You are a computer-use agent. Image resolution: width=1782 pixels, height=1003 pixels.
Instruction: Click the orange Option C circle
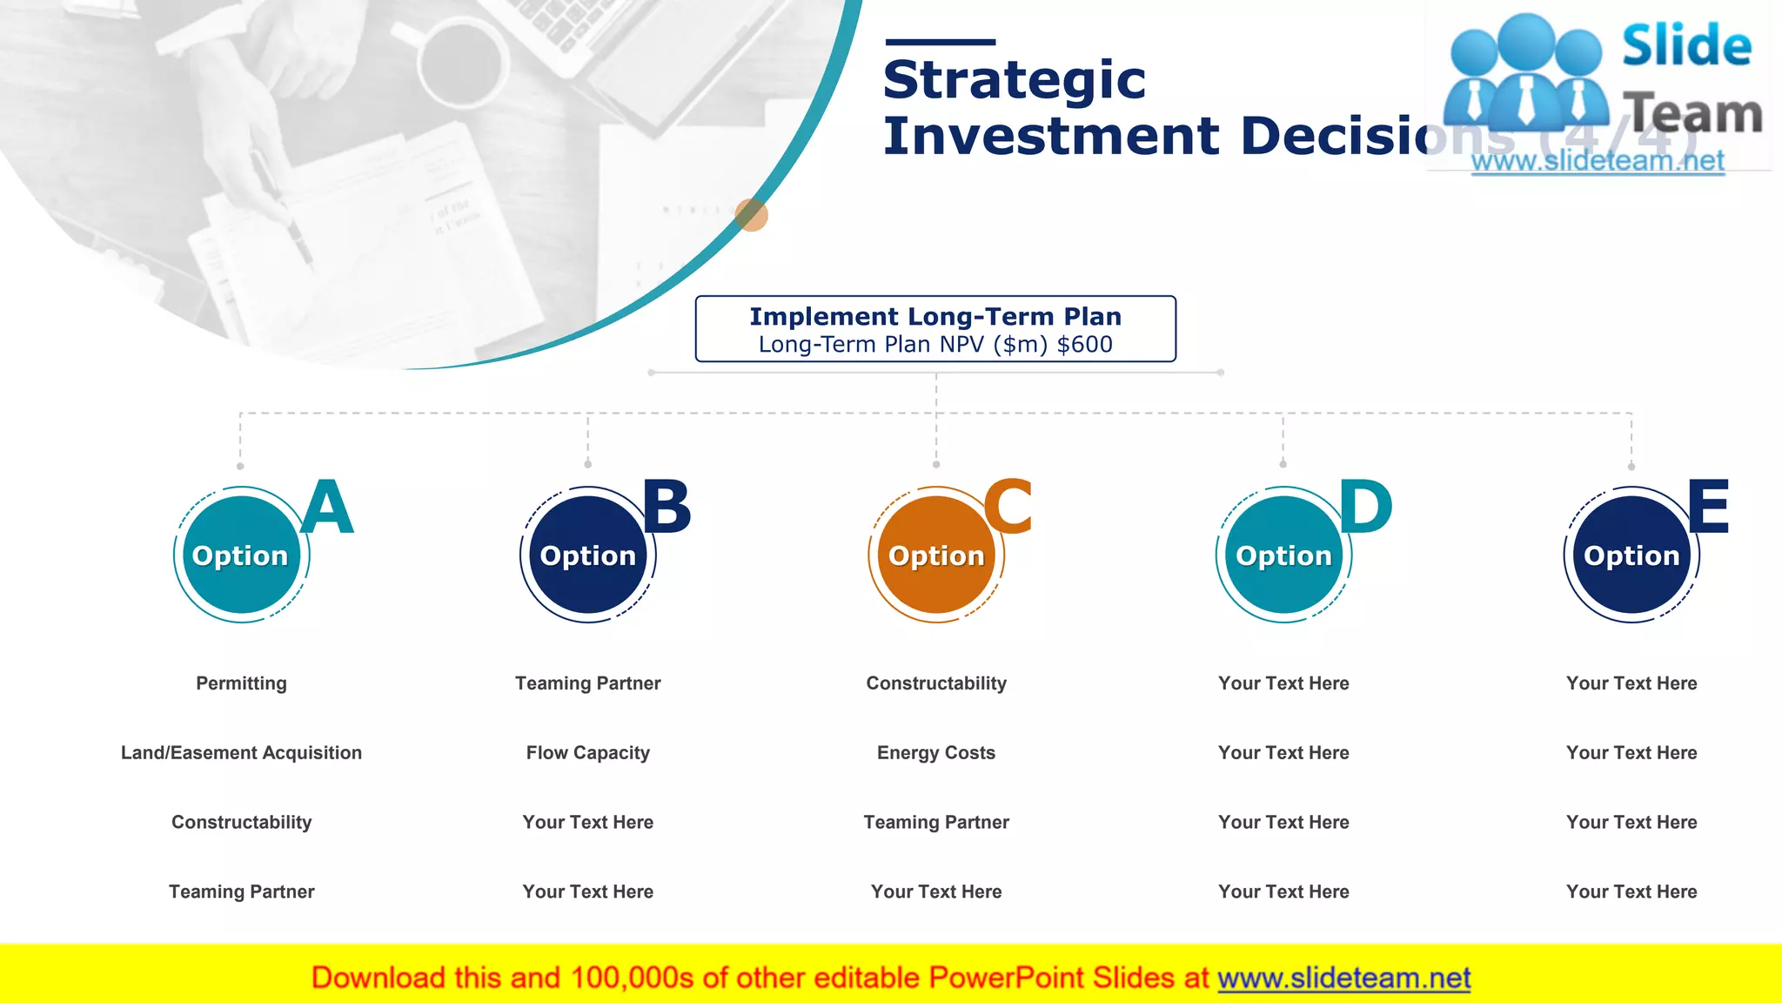coord(936,555)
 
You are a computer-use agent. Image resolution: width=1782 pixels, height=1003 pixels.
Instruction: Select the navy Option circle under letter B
coord(588,555)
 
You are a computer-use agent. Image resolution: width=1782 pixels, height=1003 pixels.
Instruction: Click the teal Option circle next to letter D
coord(1283,555)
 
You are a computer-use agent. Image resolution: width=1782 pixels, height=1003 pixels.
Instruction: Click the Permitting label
coord(241,683)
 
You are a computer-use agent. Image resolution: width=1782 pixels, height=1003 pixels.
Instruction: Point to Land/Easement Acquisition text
coord(241,753)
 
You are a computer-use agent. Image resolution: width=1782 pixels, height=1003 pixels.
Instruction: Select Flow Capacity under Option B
coord(588,753)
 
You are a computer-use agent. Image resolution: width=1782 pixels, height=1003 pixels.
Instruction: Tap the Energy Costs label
coord(936,753)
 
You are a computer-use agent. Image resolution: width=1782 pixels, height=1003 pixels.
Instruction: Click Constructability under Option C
coord(936,683)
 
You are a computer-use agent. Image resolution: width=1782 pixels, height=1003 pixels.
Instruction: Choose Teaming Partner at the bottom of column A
coord(241,892)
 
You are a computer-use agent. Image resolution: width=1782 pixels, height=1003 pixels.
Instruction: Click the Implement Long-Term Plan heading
coord(935,316)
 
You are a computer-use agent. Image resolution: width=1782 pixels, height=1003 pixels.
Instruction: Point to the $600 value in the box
coord(1084,345)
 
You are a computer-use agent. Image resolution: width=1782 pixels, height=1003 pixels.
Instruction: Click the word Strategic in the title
coord(1014,80)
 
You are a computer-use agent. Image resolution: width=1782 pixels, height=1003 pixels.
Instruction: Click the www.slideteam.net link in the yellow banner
coord(1343,978)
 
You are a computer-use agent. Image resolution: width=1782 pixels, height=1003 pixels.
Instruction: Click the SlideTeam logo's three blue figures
coord(1524,74)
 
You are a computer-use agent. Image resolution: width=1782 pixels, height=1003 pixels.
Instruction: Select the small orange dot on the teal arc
coord(751,214)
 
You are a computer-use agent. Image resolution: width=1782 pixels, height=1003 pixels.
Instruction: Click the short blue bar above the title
coord(940,42)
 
